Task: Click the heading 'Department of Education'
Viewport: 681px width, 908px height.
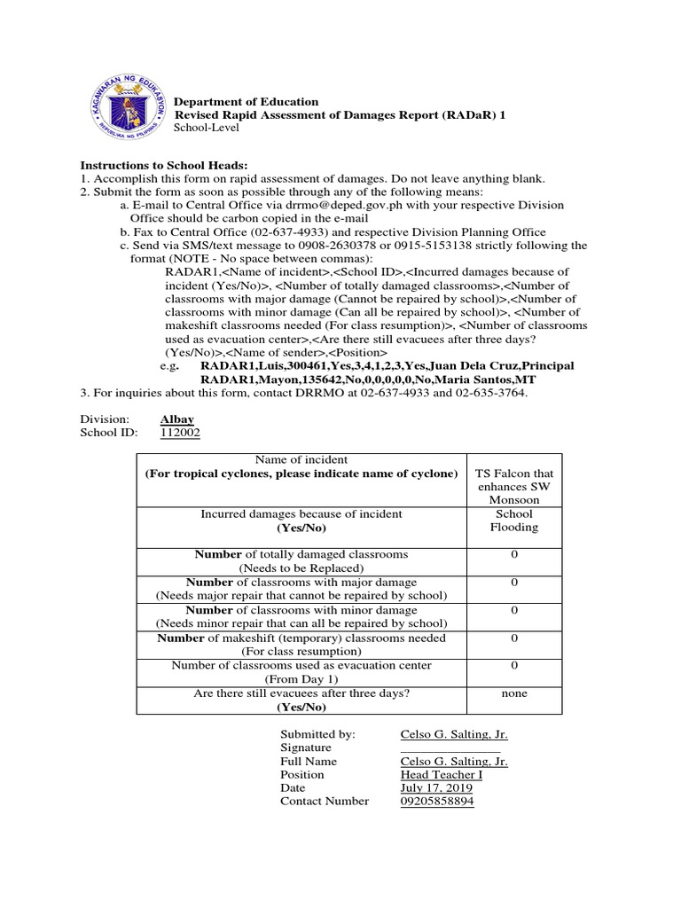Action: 245,102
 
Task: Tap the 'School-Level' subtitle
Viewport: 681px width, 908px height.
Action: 202,129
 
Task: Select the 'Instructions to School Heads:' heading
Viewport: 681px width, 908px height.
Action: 164,166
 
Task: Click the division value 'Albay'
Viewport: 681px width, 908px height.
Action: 177,419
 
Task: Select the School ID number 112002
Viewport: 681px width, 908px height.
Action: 180,433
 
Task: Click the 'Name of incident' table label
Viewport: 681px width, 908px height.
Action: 301,459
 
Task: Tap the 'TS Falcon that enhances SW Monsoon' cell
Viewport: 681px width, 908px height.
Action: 514,486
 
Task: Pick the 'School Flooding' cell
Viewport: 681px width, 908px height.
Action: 514,520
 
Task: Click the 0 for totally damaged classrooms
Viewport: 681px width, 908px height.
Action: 514,554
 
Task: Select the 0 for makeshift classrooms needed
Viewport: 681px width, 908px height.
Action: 514,638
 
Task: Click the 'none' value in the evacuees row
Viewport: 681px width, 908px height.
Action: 514,694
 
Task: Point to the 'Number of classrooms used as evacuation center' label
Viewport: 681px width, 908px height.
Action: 301,666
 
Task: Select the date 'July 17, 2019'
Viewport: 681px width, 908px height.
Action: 436,787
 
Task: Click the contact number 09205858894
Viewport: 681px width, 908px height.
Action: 437,801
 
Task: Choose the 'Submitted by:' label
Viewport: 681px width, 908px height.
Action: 317,734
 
